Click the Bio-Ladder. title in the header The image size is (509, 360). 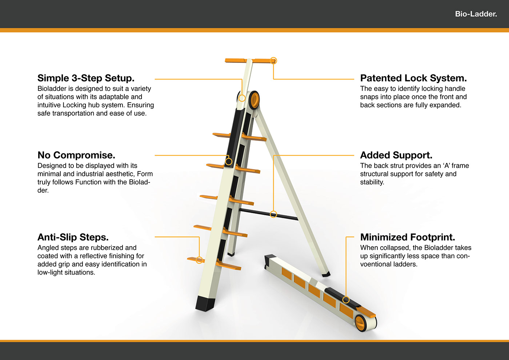(x=476, y=14)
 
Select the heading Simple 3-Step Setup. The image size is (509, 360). (x=86, y=78)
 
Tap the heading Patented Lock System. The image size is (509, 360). (x=413, y=78)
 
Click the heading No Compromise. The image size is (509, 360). (x=76, y=155)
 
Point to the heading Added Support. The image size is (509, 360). (x=396, y=155)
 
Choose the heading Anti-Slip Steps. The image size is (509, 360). (x=73, y=237)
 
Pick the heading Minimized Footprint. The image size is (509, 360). (x=407, y=237)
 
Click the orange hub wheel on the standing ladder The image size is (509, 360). (x=254, y=99)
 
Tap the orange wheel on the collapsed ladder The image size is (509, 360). (x=360, y=323)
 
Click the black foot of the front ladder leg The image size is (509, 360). (x=205, y=303)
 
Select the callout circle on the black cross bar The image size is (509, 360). (x=273, y=215)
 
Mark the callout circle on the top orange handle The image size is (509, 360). (x=273, y=61)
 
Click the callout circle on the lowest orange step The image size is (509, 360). (x=199, y=260)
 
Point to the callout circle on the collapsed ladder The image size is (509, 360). (x=346, y=300)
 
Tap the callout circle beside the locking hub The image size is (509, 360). (x=242, y=98)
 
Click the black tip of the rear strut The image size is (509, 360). (x=326, y=274)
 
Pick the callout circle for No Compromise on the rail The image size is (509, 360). (x=229, y=161)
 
